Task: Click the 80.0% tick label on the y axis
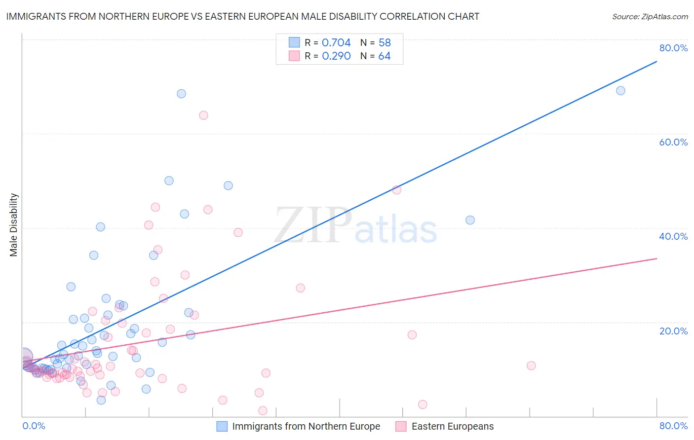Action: pyautogui.click(x=673, y=48)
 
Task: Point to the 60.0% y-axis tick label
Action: pyautogui.click(x=673, y=142)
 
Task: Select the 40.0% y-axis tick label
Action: pyautogui.click(x=673, y=236)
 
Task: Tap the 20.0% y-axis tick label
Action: pyautogui.click(x=673, y=331)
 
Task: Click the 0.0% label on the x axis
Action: pyautogui.click(x=34, y=426)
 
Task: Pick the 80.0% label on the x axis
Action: pyautogui.click(x=673, y=426)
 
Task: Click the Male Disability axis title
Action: pyautogui.click(x=14, y=224)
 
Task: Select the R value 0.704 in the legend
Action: pyautogui.click(x=336, y=43)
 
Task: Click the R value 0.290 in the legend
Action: pyautogui.click(x=336, y=56)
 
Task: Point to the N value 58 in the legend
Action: pyautogui.click(x=385, y=43)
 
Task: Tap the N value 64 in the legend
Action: pyautogui.click(x=385, y=56)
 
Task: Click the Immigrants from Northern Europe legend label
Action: pyautogui.click(x=306, y=426)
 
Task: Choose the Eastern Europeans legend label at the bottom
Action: pyautogui.click(x=452, y=426)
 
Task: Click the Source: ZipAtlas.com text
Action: pyautogui.click(x=650, y=17)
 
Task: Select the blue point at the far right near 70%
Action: pyautogui.click(x=620, y=91)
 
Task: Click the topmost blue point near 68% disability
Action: pyautogui.click(x=181, y=94)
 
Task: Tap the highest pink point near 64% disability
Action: pyautogui.click(x=203, y=115)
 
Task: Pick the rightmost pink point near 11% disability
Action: pyautogui.click(x=531, y=366)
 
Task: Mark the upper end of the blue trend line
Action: pyautogui.click(x=656, y=62)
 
